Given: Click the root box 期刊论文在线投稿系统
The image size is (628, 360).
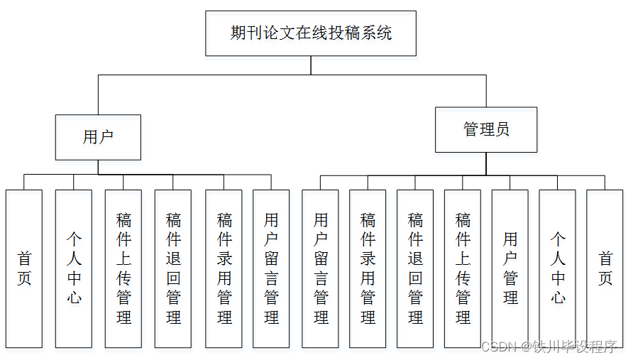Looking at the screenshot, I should click(311, 33).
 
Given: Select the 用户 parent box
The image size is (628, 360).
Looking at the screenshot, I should click(98, 137).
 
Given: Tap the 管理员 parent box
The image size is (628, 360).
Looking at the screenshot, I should click(486, 129).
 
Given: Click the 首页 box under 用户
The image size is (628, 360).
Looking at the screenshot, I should click(24, 268).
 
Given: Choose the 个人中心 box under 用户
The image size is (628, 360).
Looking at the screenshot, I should click(74, 268).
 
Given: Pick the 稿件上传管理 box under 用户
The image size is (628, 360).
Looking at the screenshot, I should click(123, 268).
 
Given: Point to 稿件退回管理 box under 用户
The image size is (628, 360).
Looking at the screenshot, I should click(173, 268).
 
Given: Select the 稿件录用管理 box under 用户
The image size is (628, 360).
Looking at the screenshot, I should click(224, 268).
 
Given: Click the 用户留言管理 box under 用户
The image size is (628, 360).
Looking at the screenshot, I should click(271, 268).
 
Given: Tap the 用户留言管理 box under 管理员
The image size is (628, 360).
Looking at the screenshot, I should click(320, 268).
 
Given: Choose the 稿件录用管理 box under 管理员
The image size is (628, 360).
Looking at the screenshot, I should click(368, 268).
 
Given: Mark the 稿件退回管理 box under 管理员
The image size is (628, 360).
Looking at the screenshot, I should click(415, 268).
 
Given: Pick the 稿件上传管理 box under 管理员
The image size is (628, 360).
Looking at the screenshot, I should click(463, 268).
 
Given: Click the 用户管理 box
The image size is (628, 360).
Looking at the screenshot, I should click(510, 268).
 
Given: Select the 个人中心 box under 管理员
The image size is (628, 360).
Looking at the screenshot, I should click(558, 268).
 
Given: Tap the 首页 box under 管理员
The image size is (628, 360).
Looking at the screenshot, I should click(605, 268).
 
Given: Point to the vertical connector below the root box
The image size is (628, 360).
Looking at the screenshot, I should click(311, 65).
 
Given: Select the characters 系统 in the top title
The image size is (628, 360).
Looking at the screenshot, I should click(376, 33).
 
